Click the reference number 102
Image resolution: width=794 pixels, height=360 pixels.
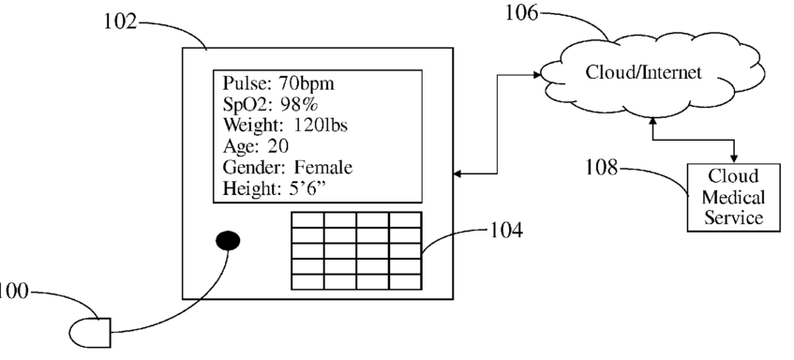pyautogui.click(x=121, y=22)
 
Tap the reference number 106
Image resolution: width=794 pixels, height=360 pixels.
pyautogui.click(x=522, y=13)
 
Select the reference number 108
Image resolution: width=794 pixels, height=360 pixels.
pyautogui.click(x=602, y=167)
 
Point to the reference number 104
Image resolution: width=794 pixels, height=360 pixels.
pyautogui.click(x=506, y=231)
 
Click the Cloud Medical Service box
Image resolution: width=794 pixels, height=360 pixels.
pyautogui.click(x=733, y=198)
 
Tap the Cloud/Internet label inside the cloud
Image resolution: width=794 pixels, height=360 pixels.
pyautogui.click(x=644, y=72)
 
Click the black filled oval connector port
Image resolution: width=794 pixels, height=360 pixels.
pyautogui.click(x=228, y=241)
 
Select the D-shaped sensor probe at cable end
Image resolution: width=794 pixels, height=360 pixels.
pyautogui.click(x=90, y=333)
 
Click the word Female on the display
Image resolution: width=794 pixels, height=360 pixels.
pyautogui.click(x=323, y=167)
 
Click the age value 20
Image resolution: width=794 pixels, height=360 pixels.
pyautogui.click(x=278, y=146)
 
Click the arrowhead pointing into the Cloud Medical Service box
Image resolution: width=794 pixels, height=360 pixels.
pyautogui.click(x=734, y=159)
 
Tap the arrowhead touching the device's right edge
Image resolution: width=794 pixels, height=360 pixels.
pyautogui.click(x=457, y=173)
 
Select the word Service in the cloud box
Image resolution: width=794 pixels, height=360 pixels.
pyautogui.click(x=734, y=217)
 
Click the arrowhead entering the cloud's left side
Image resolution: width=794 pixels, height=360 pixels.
pyautogui.click(x=537, y=75)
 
